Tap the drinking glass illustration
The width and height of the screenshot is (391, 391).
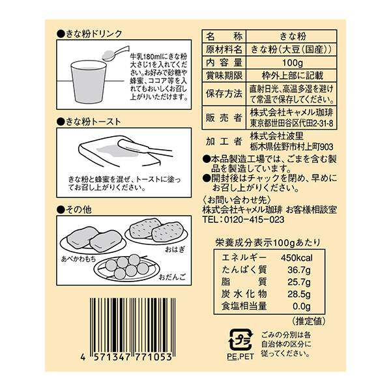89,81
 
